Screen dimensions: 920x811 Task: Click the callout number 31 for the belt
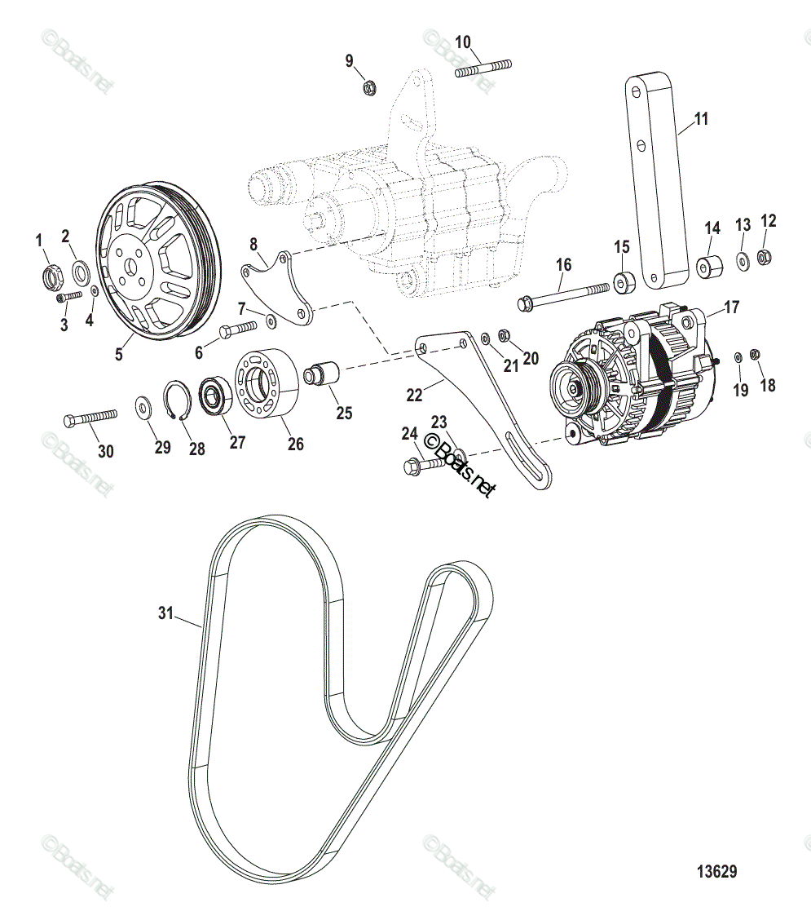[x=166, y=613]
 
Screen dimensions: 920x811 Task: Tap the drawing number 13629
[x=716, y=871]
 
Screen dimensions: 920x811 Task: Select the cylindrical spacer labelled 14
[x=708, y=267]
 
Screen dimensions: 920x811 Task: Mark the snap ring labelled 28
[x=181, y=400]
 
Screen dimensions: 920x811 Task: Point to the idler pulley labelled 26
[x=266, y=388]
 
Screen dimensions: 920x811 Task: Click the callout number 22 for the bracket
[x=415, y=395]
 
